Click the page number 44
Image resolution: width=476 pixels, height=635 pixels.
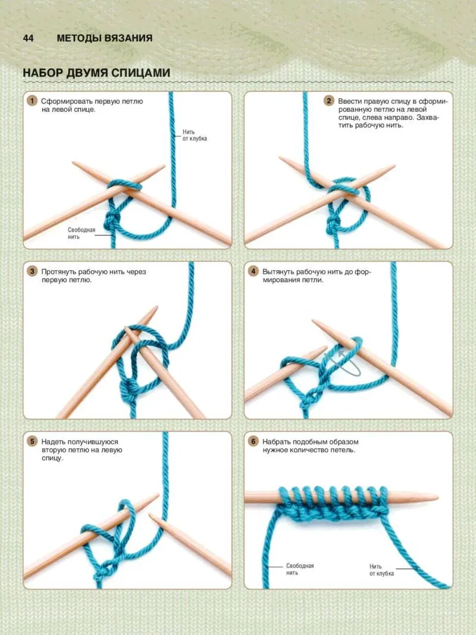click(x=29, y=38)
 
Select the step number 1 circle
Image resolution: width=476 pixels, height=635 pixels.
click(x=32, y=101)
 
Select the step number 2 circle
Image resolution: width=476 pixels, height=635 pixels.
click(x=328, y=101)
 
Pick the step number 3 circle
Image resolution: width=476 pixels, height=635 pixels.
click(x=32, y=271)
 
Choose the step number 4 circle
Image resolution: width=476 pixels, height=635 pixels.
click(x=253, y=271)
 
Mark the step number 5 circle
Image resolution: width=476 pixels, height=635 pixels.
click(x=32, y=442)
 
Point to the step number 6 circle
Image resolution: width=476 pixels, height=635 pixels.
click(x=253, y=442)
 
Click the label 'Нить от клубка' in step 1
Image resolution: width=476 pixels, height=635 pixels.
click(x=195, y=135)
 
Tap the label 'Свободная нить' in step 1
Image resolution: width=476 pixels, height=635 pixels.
click(x=82, y=233)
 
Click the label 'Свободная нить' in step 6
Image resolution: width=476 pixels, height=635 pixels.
click(x=300, y=569)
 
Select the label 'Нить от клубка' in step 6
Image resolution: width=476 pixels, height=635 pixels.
click(x=381, y=570)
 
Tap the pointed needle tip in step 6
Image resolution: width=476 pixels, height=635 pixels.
click(x=437, y=498)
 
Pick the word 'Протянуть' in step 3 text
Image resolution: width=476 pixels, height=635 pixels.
click(x=59, y=272)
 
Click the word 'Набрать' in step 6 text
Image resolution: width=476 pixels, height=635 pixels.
click(x=276, y=442)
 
